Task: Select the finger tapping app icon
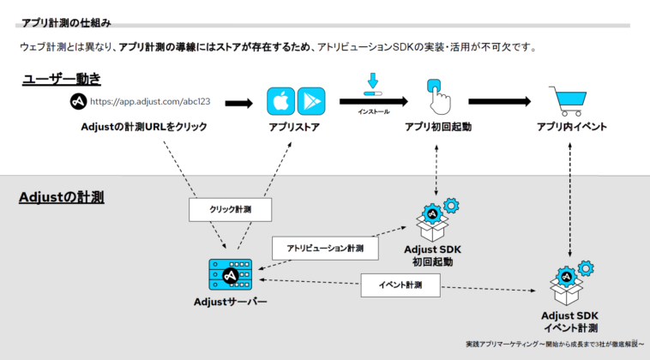tap(437, 98)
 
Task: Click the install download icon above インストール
tap(372, 85)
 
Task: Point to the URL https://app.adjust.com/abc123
tap(150, 102)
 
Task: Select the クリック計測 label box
tap(231, 208)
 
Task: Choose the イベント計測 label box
tap(400, 283)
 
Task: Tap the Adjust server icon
tap(228, 273)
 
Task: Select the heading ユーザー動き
tap(62, 79)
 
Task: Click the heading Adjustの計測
tap(61, 198)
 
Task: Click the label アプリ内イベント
tap(572, 127)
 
